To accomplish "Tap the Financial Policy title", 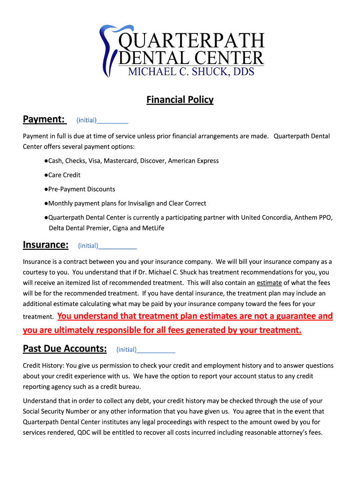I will [x=180, y=100].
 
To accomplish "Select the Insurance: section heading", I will [x=46, y=245].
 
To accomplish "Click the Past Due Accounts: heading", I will [x=65, y=349].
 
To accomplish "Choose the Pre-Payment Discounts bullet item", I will [x=81, y=189].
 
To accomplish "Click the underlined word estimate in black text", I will [x=269, y=283].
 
